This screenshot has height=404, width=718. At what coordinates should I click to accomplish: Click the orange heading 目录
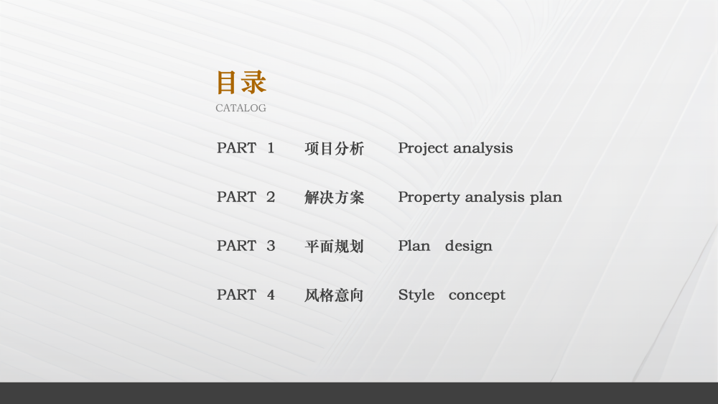click(x=241, y=83)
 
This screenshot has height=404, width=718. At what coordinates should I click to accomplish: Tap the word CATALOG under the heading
click(x=241, y=108)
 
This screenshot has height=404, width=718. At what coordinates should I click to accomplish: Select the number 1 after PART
click(x=271, y=147)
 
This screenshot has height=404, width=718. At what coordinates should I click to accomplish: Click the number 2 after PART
click(x=271, y=197)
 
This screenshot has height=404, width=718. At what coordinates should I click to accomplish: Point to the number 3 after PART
click(x=271, y=246)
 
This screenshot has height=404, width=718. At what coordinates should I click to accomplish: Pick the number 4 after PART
click(x=271, y=295)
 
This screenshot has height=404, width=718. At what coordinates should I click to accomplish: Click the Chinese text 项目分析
click(x=335, y=148)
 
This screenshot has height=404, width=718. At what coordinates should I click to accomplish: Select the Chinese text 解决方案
click(x=335, y=197)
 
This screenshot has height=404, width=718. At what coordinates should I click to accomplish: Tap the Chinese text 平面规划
click(x=335, y=247)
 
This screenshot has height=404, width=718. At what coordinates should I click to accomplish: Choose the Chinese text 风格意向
click(x=335, y=295)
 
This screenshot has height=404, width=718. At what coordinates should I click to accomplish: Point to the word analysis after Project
click(x=483, y=149)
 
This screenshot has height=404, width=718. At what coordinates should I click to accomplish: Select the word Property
click(x=429, y=198)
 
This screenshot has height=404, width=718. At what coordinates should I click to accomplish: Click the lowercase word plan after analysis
click(x=546, y=198)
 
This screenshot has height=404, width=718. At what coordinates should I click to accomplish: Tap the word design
click(x=469, y=247)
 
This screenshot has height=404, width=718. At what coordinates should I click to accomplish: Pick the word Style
click(x=416, y=295)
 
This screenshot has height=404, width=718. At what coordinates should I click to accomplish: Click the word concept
click(x=477, y=295)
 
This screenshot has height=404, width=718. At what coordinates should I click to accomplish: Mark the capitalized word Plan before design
click(x=414, y=246)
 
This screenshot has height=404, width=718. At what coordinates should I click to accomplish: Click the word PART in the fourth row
click(x=236, y=295)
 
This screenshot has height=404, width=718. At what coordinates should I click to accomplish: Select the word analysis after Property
click(x=495, y=198)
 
